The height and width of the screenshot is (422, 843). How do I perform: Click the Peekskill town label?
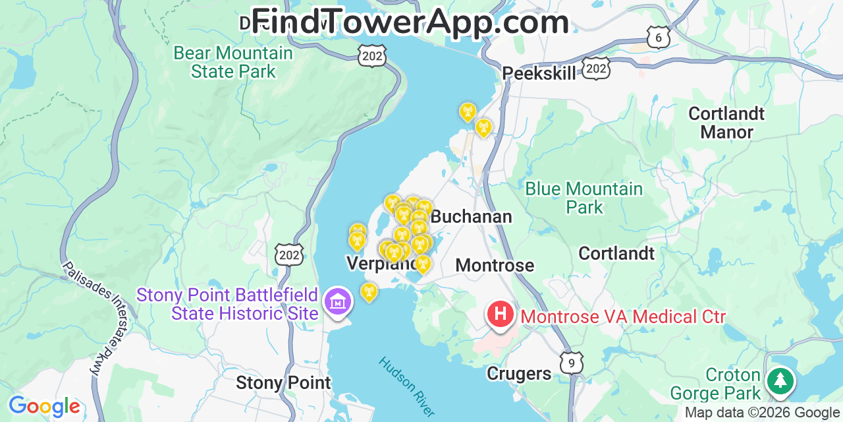pos(539,73)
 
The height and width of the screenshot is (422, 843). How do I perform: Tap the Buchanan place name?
pos(471,216)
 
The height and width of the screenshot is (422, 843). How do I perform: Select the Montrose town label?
pos(495,265)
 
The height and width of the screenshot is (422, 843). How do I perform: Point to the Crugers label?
pos(519,374)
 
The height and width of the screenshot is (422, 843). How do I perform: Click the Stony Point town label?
pos(283,382)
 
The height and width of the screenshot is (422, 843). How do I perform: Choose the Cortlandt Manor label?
pos(726,123)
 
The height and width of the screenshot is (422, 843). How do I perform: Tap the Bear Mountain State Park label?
pos(233,62)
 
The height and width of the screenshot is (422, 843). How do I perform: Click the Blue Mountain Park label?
pos(584,198)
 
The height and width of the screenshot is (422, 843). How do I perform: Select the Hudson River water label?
pos(406,386)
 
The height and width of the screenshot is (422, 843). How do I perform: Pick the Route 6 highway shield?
pos(658,38)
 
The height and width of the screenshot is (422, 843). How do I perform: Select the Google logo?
pos(44,406)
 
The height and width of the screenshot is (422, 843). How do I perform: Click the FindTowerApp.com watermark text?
pos(410,22)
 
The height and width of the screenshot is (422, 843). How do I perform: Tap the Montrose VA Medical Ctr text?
pos(623,317)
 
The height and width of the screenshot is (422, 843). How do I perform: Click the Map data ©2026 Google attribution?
pos(763,413)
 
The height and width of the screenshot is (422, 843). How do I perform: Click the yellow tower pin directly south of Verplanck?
pos(369,291)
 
